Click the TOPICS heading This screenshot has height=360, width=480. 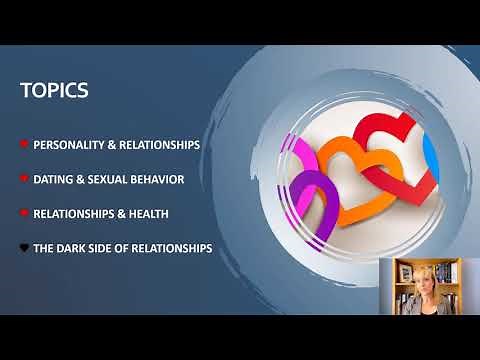coord(54,91)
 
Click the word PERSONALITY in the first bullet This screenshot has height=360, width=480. coord(69,145)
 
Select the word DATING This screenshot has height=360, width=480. coord(52,179)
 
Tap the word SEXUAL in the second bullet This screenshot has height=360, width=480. coord(111,179)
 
